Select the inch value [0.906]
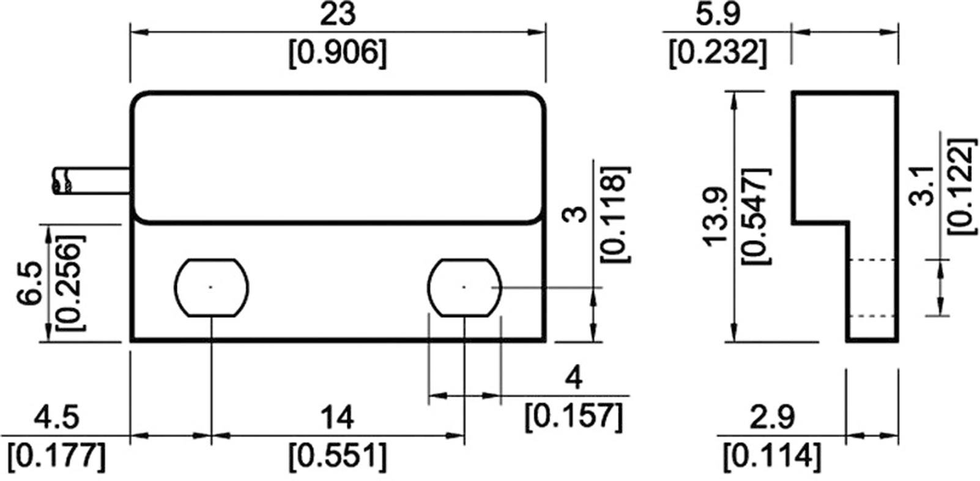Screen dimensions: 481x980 338,53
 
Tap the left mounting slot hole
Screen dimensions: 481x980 211,287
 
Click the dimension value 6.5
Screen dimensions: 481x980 32,283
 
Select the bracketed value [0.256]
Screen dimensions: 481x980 69,283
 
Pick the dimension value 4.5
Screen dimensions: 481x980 57,419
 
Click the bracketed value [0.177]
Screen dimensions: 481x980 57,455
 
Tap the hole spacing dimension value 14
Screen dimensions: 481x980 337,419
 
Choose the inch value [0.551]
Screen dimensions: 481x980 337,455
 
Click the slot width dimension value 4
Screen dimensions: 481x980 574,380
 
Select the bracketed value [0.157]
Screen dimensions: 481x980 574,416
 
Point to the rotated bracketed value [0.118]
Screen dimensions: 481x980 614,214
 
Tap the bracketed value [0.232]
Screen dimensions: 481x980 718,53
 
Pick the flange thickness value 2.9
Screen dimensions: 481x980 772,419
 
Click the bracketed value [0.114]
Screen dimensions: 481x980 772,455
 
